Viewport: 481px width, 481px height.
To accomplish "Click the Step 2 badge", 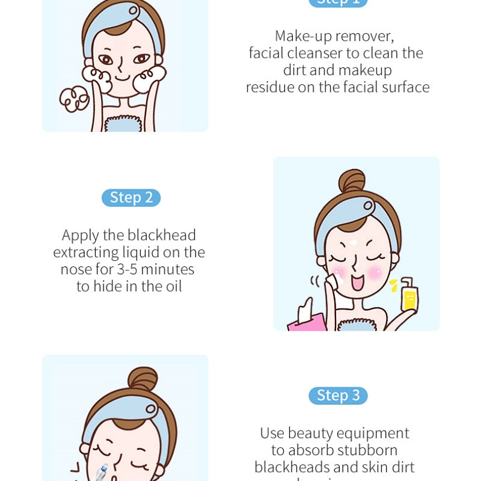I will tap(132, 198).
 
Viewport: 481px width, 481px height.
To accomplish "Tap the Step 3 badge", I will tap(338, 396).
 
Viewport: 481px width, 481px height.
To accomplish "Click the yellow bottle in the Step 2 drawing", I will tap(409, 296).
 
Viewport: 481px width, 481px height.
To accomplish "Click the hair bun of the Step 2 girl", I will tap(352, 181).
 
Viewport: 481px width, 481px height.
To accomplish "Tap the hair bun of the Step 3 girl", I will tap(143, 379).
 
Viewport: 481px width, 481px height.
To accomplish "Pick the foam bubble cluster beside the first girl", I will tap(74, 99).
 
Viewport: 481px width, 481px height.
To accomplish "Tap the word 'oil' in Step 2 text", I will tap(171, 286).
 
